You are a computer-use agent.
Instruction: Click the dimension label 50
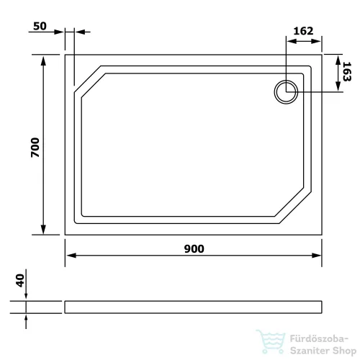point(40,26)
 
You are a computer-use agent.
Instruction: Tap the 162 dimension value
point(303,31)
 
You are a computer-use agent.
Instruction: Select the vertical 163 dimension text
point(347,71)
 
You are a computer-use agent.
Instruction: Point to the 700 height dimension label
point(35,148)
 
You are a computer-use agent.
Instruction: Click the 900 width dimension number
point(194,249)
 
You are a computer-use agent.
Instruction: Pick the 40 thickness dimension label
point(20,280)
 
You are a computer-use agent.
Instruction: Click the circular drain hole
point(286,92)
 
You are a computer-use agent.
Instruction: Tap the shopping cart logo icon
point(271,341)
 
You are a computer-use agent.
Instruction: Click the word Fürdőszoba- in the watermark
point(319,339)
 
